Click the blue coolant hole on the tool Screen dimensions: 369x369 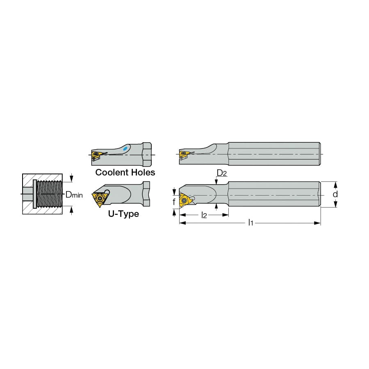pos(125,148)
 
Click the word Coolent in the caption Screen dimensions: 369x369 pos(112,173)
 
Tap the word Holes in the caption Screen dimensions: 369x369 pos(143,173)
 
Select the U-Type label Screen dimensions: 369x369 pos(123,214)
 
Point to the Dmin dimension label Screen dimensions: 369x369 pos(74,195)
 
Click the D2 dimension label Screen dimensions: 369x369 pos(221,173)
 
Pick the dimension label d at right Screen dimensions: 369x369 pos(335,194)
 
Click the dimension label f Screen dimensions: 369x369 pos(174,202)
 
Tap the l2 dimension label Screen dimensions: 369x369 pos(204,215)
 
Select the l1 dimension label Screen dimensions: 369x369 pos(251,222)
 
